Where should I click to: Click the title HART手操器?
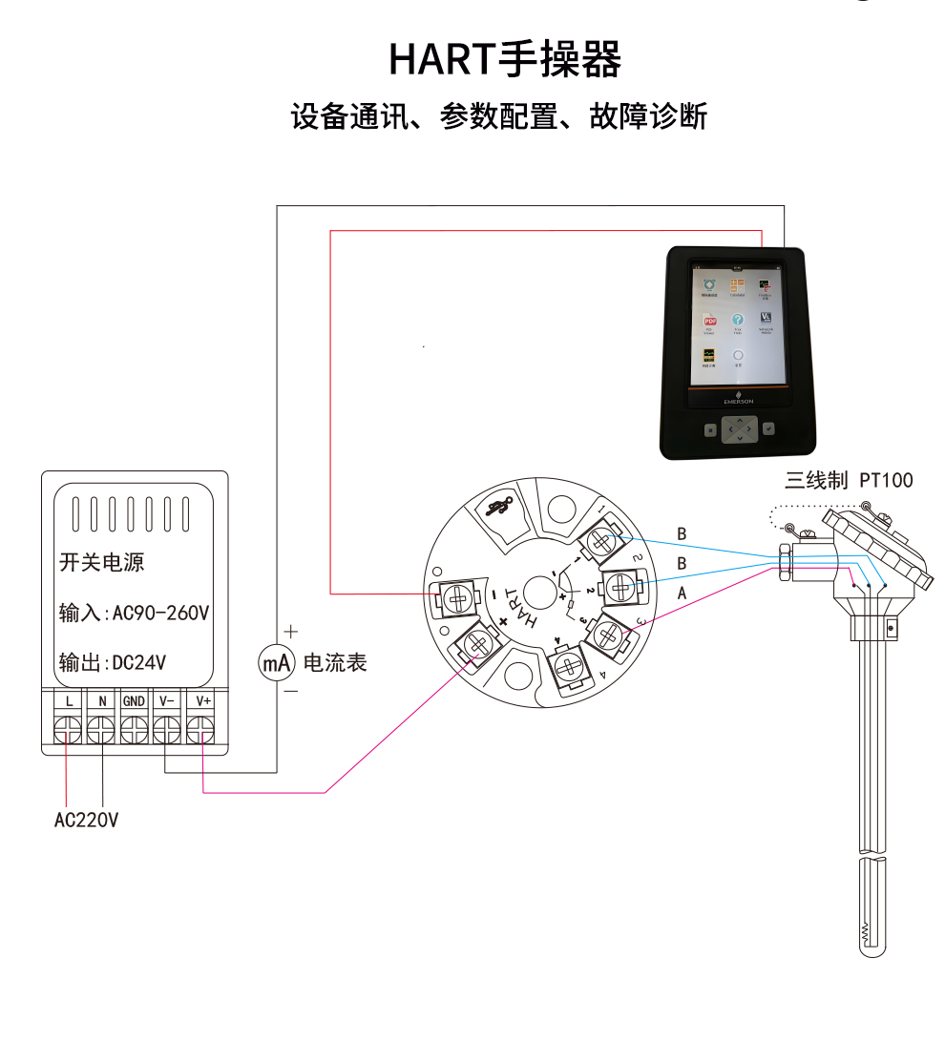pyautogui.click(x=505, y=59)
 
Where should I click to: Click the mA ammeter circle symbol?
pyautogui.click(x=276, y=662)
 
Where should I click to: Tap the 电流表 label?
pyautogui.click(x=335, y=662)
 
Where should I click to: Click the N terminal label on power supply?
pyautogui.click(x=101, y=701)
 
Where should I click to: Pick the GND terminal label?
pyautogui.click(x=134, y=701)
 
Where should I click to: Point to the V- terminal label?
pyautogui.click(x=167, y=701)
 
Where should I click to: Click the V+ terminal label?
pyautogui.click(x=201, y=701)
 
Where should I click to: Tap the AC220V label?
pyautogui.click(x=86, y=820)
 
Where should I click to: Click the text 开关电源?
pyautogui.click(x=102, y=563)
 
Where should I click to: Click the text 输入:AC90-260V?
pyautogui.click(x=134, y=613)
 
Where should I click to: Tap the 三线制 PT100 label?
pyautogui.click(x=849, y=480)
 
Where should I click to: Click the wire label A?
pyautogui.click(x=682, y=594)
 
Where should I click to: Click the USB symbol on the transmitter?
pyautogui.click(x=498, y=507)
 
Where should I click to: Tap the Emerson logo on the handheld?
pyautogui.click(x=739, y=399)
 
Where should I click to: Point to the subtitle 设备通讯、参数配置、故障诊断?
pyautogui.click(x=499, y=116)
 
